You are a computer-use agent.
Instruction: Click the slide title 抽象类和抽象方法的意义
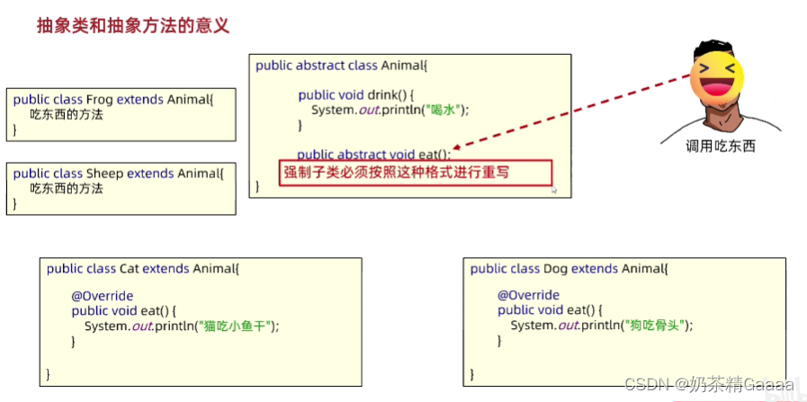(133, 24)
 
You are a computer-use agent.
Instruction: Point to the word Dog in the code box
(555, 268)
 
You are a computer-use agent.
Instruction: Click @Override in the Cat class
(103, 296)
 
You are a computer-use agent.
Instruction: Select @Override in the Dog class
(528, 296)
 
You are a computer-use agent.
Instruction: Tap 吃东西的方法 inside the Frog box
(67, 115)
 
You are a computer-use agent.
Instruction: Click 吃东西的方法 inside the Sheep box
(67, 189)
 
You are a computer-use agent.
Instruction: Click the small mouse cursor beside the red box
(555, 190)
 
